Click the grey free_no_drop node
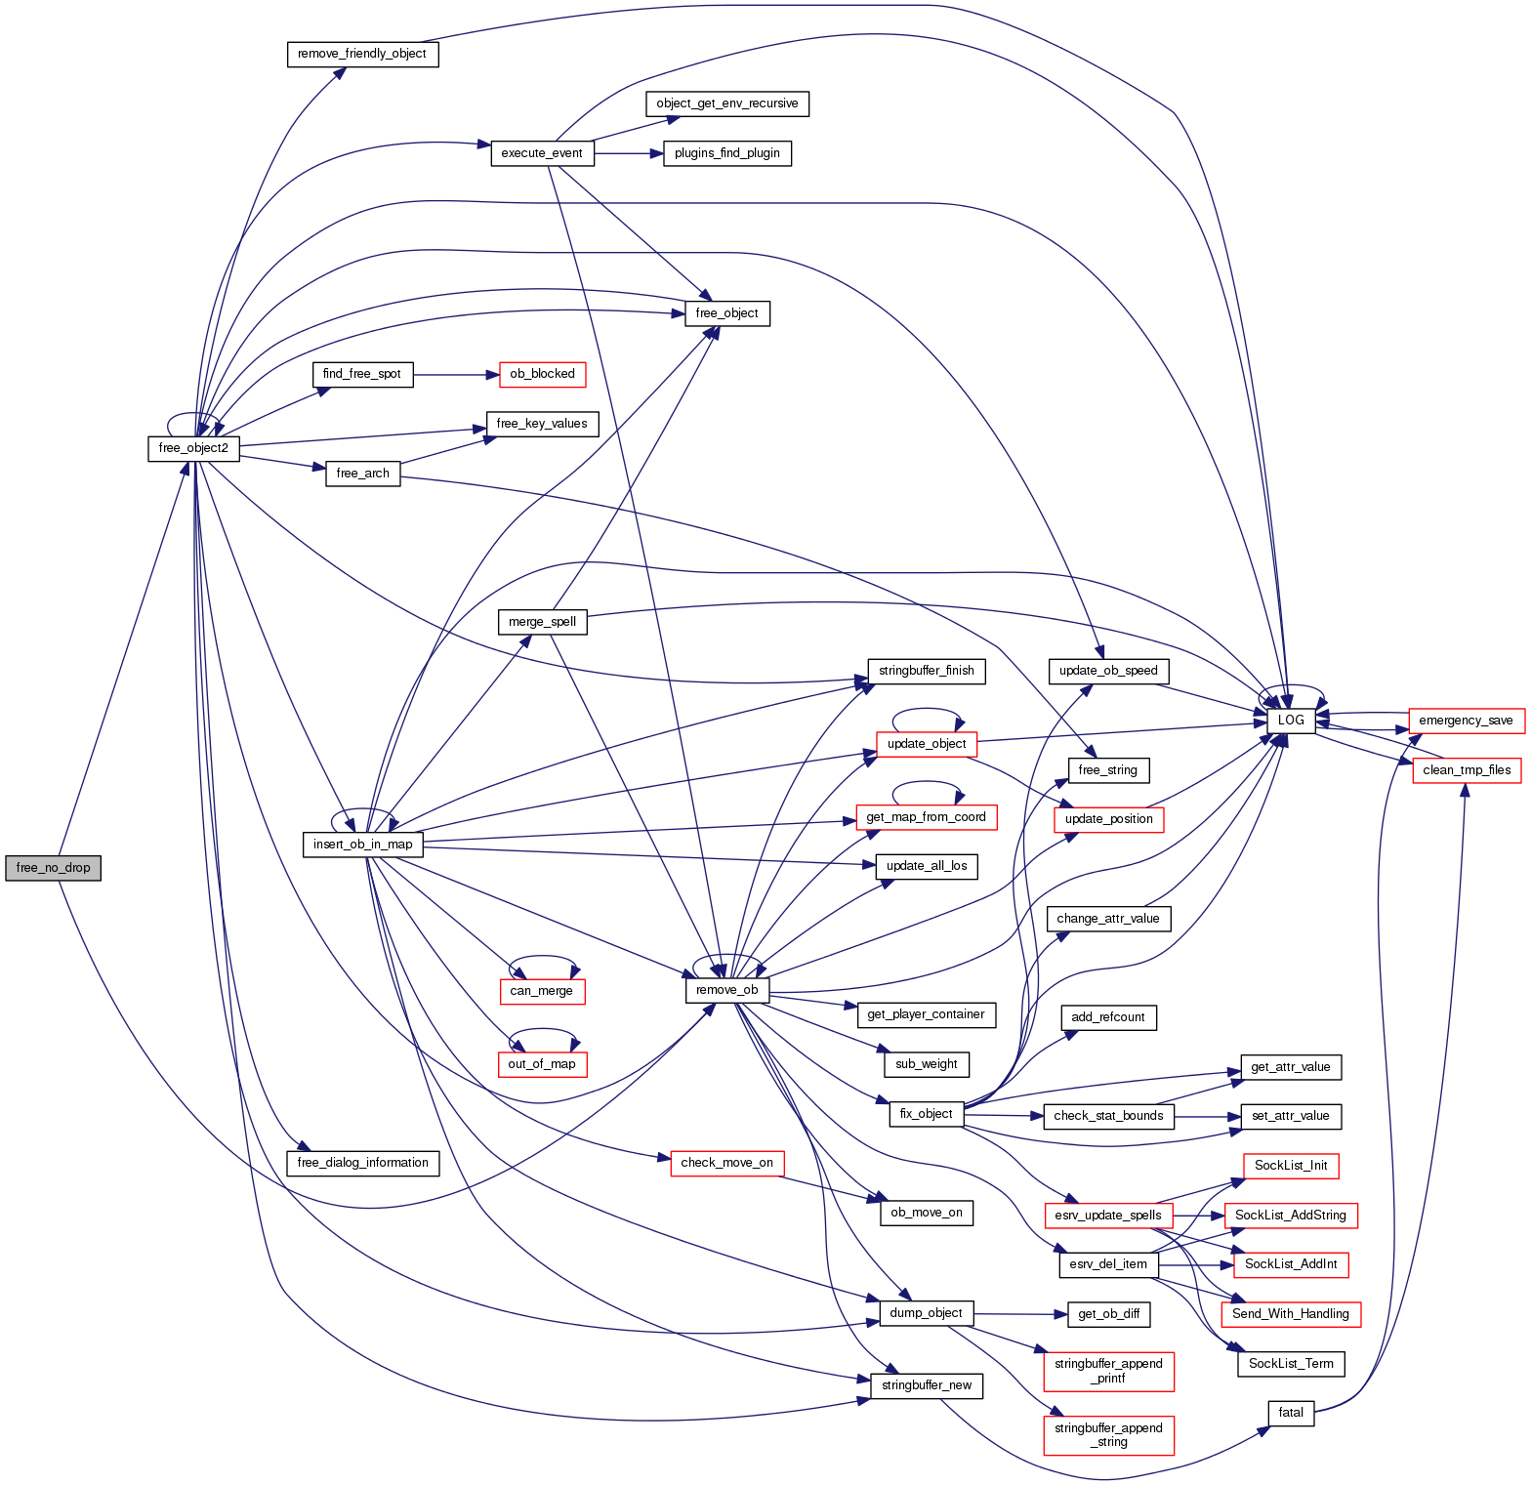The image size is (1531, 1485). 53,868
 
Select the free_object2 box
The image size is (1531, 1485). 193,448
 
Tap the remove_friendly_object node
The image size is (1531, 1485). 362,54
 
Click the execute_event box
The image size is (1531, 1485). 542,153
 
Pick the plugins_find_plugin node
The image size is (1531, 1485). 727,153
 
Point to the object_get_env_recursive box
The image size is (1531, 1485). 727,103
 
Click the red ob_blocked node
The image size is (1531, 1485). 542,374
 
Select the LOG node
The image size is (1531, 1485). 1291,721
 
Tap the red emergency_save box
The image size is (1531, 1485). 1466,721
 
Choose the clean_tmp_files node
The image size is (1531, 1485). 1467,770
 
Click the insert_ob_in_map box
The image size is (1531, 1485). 362,845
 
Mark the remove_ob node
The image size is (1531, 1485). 727,990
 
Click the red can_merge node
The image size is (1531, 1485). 542,991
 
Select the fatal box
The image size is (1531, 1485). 1291,1413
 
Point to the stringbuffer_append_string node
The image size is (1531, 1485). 1108,1435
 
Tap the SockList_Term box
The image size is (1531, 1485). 1291,1364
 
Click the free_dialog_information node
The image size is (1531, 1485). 362,1163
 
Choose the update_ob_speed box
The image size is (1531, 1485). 1108,671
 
